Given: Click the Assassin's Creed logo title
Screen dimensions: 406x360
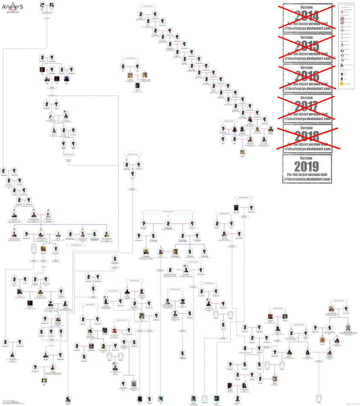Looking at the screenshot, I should coord(12,7).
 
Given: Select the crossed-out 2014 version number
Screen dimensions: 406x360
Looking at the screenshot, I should coord(307,17).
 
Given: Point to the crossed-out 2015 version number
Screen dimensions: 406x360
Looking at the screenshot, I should coord(307,46).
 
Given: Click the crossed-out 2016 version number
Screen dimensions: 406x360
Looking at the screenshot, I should coord(307,76).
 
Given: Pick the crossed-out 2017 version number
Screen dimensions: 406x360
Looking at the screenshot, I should coord(307,106).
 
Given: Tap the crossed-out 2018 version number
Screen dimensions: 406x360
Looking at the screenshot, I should coord(307,136).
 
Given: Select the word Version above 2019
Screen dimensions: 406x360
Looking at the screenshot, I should coord(307,158).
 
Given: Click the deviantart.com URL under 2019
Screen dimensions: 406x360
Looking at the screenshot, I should coord(307,180).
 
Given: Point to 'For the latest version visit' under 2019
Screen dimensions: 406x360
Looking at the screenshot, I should coord(307,175).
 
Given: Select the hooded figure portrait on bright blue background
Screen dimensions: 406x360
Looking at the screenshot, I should coord(66,79).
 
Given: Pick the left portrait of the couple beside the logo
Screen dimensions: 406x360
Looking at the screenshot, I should coord(42,5).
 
